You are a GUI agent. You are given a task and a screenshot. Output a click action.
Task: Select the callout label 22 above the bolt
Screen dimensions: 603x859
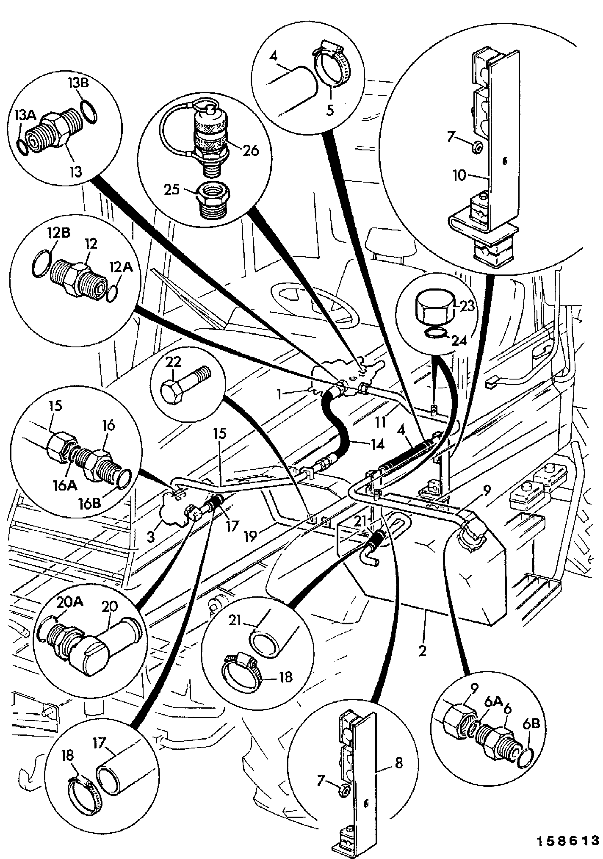(x=173, y=362)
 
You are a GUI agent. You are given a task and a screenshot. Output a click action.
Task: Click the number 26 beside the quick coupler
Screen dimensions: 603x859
(x=251, y=150)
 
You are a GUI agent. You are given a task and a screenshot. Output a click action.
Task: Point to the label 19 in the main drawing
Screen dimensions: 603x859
(x=251, y=537)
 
